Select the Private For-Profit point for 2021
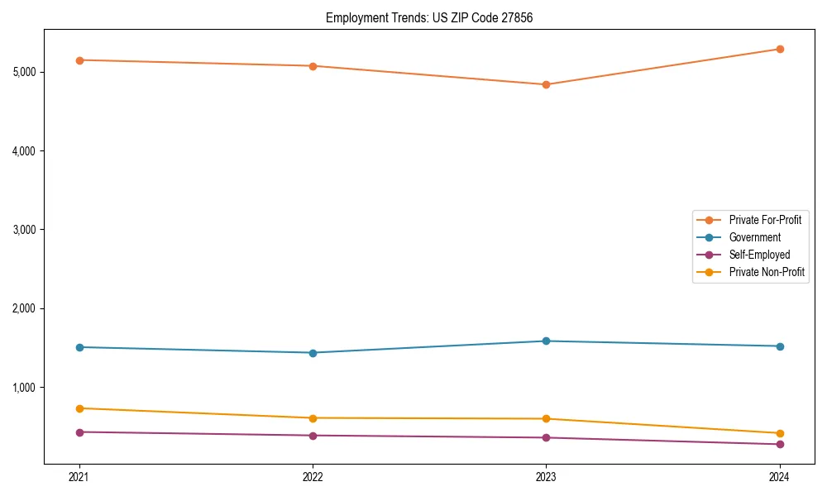(x=79, y=60)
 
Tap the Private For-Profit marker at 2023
(x=546, y=84)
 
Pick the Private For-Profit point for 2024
(x=779, y=49)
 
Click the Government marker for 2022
(x=313, y=353)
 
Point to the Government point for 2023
(x=546, y=341)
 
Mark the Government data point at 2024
(x=779, y=346)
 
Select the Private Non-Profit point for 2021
(x=79, y=408)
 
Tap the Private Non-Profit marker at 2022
(x=313, y=418)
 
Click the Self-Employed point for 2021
(x=79, y=432)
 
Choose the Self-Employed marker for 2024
(x=779, y=445)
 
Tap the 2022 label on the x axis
(x=313, y=476)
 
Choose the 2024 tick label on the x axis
(x=779, y=476)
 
